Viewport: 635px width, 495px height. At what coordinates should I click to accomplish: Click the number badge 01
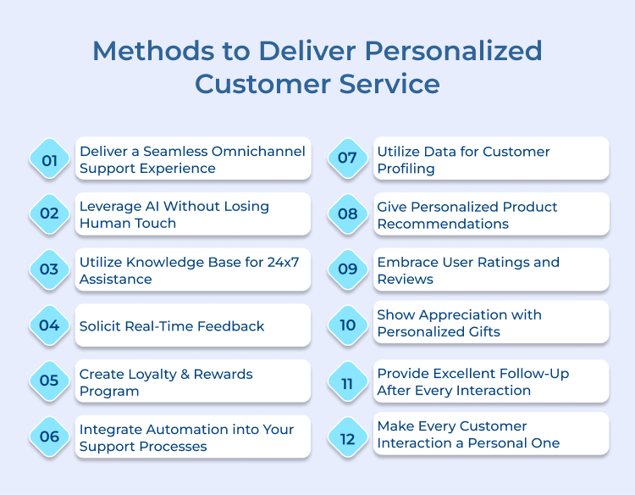[49, 159]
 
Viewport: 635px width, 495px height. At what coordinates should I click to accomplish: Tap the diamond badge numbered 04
[49, 325]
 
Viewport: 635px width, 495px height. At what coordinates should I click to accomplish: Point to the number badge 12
[347, 436]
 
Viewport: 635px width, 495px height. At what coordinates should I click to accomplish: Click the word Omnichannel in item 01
[258, 152]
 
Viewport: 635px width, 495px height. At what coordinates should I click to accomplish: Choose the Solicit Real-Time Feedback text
[172, 326]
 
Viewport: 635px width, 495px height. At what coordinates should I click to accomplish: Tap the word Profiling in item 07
[406, 169]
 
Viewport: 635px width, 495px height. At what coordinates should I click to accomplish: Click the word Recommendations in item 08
[443, 224]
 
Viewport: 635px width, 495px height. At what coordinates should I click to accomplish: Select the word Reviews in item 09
[405, 279]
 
